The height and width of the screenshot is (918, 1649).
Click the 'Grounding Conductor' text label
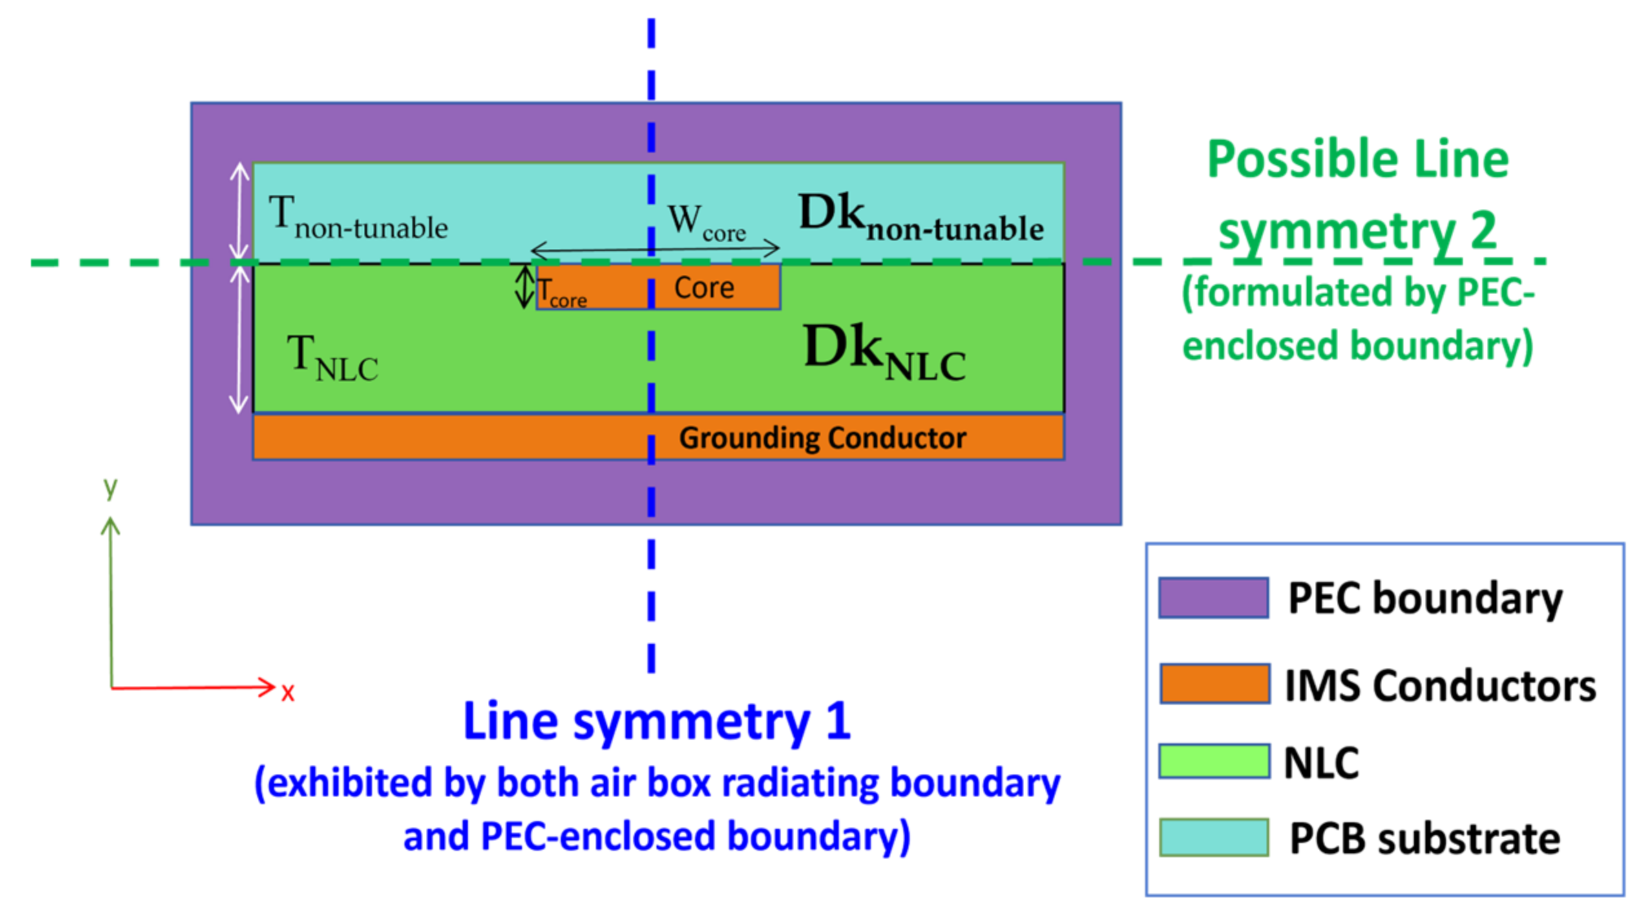tap(822, 438)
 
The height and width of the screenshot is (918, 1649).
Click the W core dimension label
tap(706, 222)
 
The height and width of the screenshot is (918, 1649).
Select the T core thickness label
tap(561, 292)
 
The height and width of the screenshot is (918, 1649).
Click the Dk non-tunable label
tap(920, 218)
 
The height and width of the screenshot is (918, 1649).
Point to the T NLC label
tap(331, 359)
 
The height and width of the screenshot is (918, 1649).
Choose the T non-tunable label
tap(357, 219)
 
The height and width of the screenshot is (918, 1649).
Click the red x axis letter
tap(288, 692)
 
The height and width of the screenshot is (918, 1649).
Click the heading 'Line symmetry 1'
tap(656, 721)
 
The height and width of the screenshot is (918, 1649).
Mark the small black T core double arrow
tap(524, 287)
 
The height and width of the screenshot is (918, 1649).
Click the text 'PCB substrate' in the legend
tap(1424, 839)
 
